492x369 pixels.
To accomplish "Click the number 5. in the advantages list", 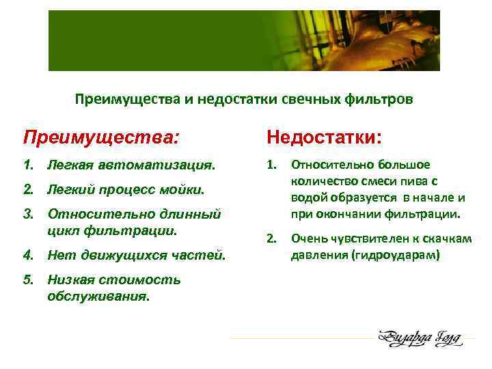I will (x=29, y=280).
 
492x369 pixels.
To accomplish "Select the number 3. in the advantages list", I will (x=29, y=215).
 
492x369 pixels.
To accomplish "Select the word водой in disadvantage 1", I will (x=307, y=198).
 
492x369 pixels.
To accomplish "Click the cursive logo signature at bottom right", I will (x=419, y=337).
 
